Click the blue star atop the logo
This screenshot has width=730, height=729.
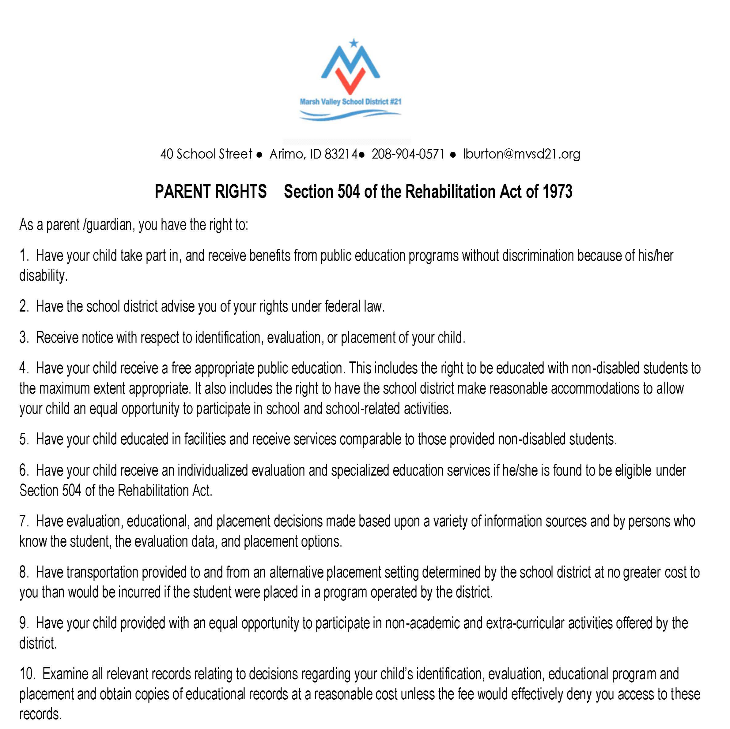[353, 43]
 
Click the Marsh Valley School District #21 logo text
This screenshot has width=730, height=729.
[350, 102]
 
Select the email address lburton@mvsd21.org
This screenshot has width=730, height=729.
[521, 154]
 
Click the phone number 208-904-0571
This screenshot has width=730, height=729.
[408, 154]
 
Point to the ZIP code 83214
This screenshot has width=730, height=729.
[341, 154]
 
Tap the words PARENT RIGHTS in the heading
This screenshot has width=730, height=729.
[210, 191]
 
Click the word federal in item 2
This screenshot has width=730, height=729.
[343, 306]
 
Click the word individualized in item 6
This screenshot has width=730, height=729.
[213, 470]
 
